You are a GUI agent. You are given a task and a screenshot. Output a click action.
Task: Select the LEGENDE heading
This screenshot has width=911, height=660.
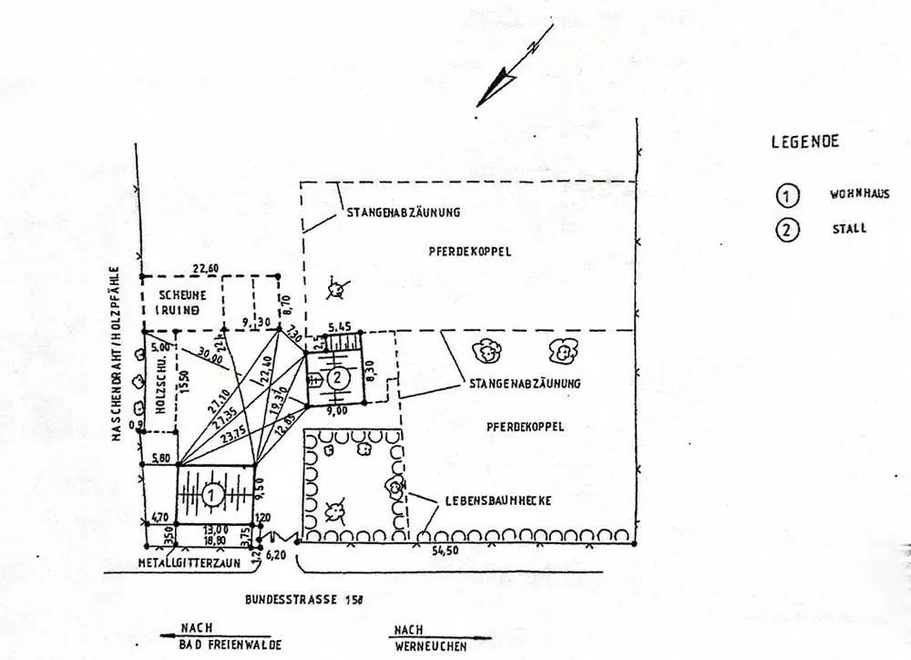point(805,141)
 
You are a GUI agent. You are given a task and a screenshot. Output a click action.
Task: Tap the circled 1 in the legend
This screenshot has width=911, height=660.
point(786,195)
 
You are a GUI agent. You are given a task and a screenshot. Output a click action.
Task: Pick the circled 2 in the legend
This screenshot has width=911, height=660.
point(786,230)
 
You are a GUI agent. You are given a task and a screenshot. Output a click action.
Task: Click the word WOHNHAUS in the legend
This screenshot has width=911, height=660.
point(858,194)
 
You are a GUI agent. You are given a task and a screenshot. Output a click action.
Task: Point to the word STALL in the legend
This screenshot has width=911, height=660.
point(849,229)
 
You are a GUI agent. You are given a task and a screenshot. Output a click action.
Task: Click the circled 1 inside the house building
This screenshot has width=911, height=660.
point(211,495)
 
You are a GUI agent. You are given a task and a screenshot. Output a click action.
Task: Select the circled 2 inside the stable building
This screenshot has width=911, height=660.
point(337,376)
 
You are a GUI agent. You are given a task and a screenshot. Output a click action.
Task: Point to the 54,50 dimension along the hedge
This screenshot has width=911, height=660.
point(444,551)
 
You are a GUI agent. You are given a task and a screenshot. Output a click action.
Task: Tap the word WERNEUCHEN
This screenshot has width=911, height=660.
point(431,645)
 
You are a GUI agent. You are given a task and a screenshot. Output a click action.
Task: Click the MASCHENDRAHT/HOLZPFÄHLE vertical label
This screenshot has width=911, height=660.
point(118,354)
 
